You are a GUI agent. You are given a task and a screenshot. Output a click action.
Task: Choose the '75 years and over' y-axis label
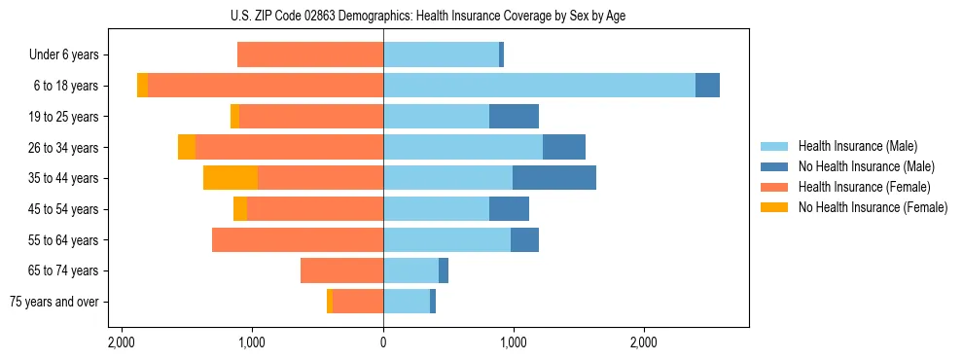[x=54, y=302]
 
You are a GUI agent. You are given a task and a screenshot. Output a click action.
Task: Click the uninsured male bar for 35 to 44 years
[x=554, y=178]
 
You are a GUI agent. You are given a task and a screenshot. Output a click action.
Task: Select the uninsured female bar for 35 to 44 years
[x=231, y=178]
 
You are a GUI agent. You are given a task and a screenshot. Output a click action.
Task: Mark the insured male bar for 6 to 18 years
[x=539, y=86]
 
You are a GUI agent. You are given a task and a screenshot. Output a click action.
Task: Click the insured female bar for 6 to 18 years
[x=266, y=86]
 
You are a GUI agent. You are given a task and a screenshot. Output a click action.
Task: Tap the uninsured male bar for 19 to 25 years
[x=514, y=117]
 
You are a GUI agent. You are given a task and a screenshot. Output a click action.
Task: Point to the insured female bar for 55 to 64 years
[x=298, y=239]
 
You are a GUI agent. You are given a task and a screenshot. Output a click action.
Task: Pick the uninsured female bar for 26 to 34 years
[x=187, y=147]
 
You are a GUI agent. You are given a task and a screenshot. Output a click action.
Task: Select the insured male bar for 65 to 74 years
[x=410, y=270]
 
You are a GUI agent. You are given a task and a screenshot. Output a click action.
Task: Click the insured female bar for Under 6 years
[x=310, y=55]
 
